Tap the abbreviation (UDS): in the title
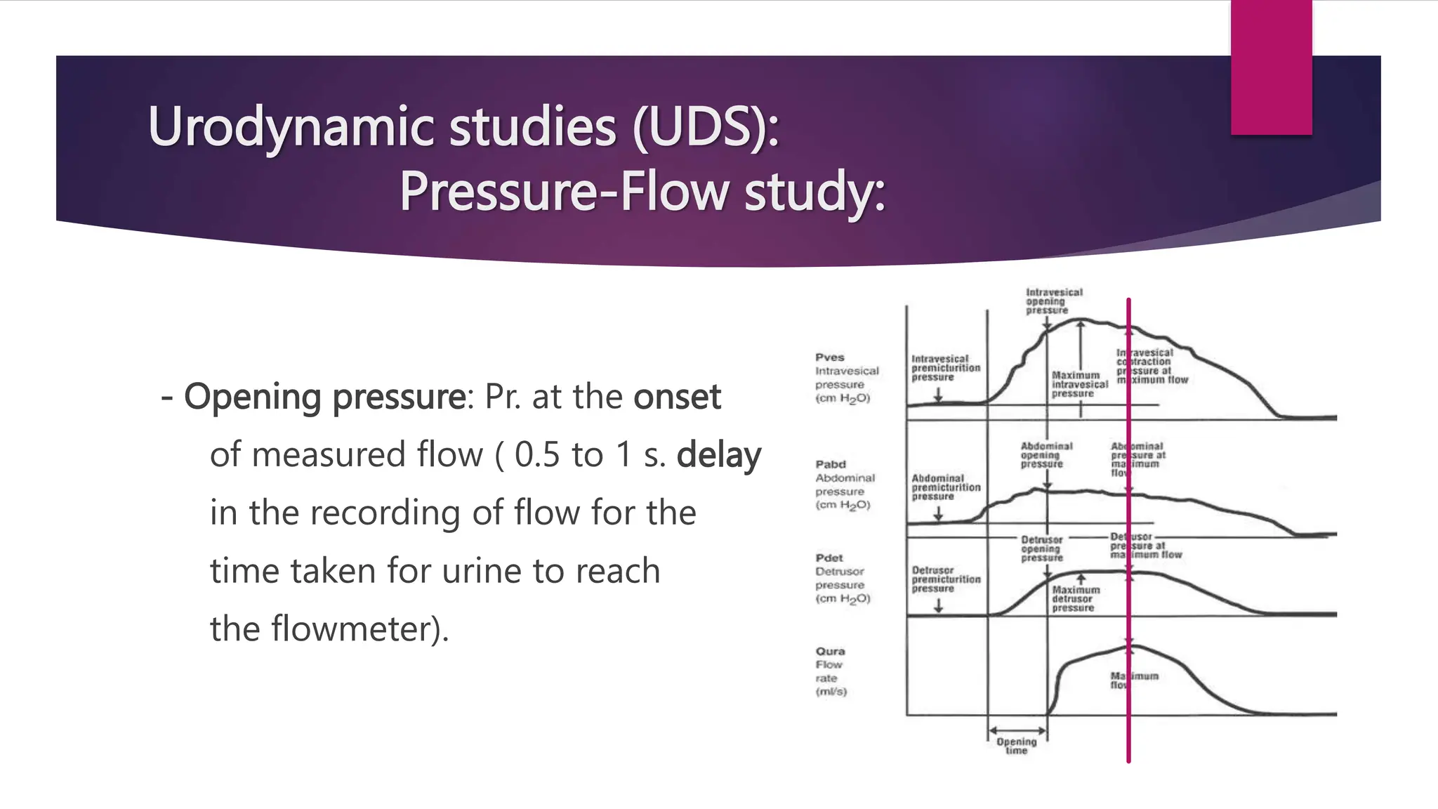click(705, 128)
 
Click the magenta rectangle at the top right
click(1271, 67)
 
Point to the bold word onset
click(677, 397)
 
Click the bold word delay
click(718, 455)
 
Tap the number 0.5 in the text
click(537, 455)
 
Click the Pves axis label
click(830, 357)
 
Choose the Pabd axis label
click(831, 464)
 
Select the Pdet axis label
click(829, 558)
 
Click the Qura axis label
click(831, 651)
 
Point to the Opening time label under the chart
click(1016, 746)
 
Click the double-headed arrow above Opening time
click(1017, 730)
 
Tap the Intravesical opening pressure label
click(1053, 301)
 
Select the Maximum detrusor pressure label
click(1075, 599)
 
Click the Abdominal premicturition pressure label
click(945, 487)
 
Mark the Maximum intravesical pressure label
click(1078, 384)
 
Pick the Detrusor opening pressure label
click(1042, 548)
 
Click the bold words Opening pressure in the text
click(324, 397)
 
